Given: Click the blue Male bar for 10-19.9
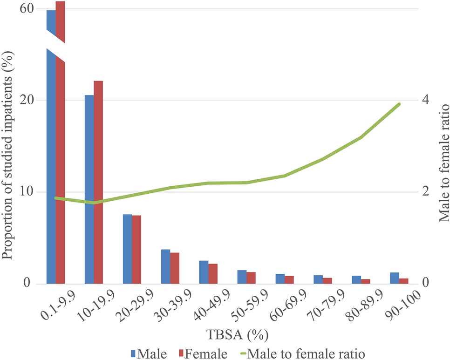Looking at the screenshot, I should [89, 189].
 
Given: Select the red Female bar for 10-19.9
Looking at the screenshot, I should [98, 182].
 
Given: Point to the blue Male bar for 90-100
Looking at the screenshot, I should [395, 278].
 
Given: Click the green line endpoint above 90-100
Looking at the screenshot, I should [400, 104].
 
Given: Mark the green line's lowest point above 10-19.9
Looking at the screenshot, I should [94, 203].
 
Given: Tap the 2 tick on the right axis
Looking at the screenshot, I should [425, 191].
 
